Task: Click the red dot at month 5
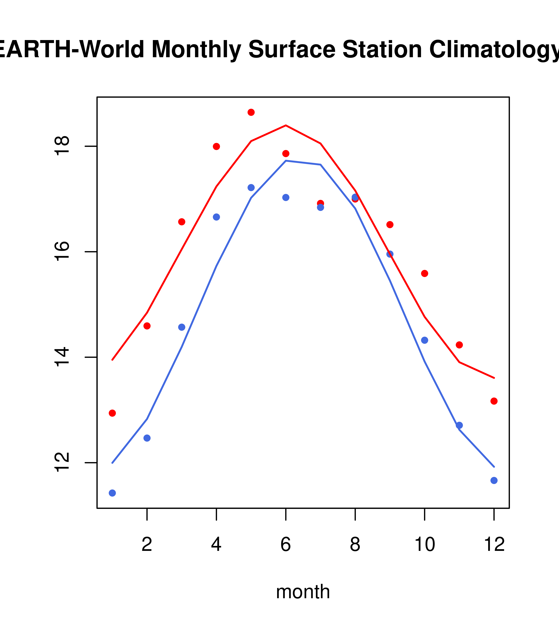tap(251, 112)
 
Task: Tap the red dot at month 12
tap(494, 401)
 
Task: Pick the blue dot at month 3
tap(182, 327)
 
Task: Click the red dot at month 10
tap(424, 274)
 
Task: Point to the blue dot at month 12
tap(494, 480)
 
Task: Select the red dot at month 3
tap(182, 222)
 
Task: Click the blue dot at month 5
tap(251, 188)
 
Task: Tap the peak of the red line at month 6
tap(286, 125)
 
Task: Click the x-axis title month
tap(303, 592)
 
